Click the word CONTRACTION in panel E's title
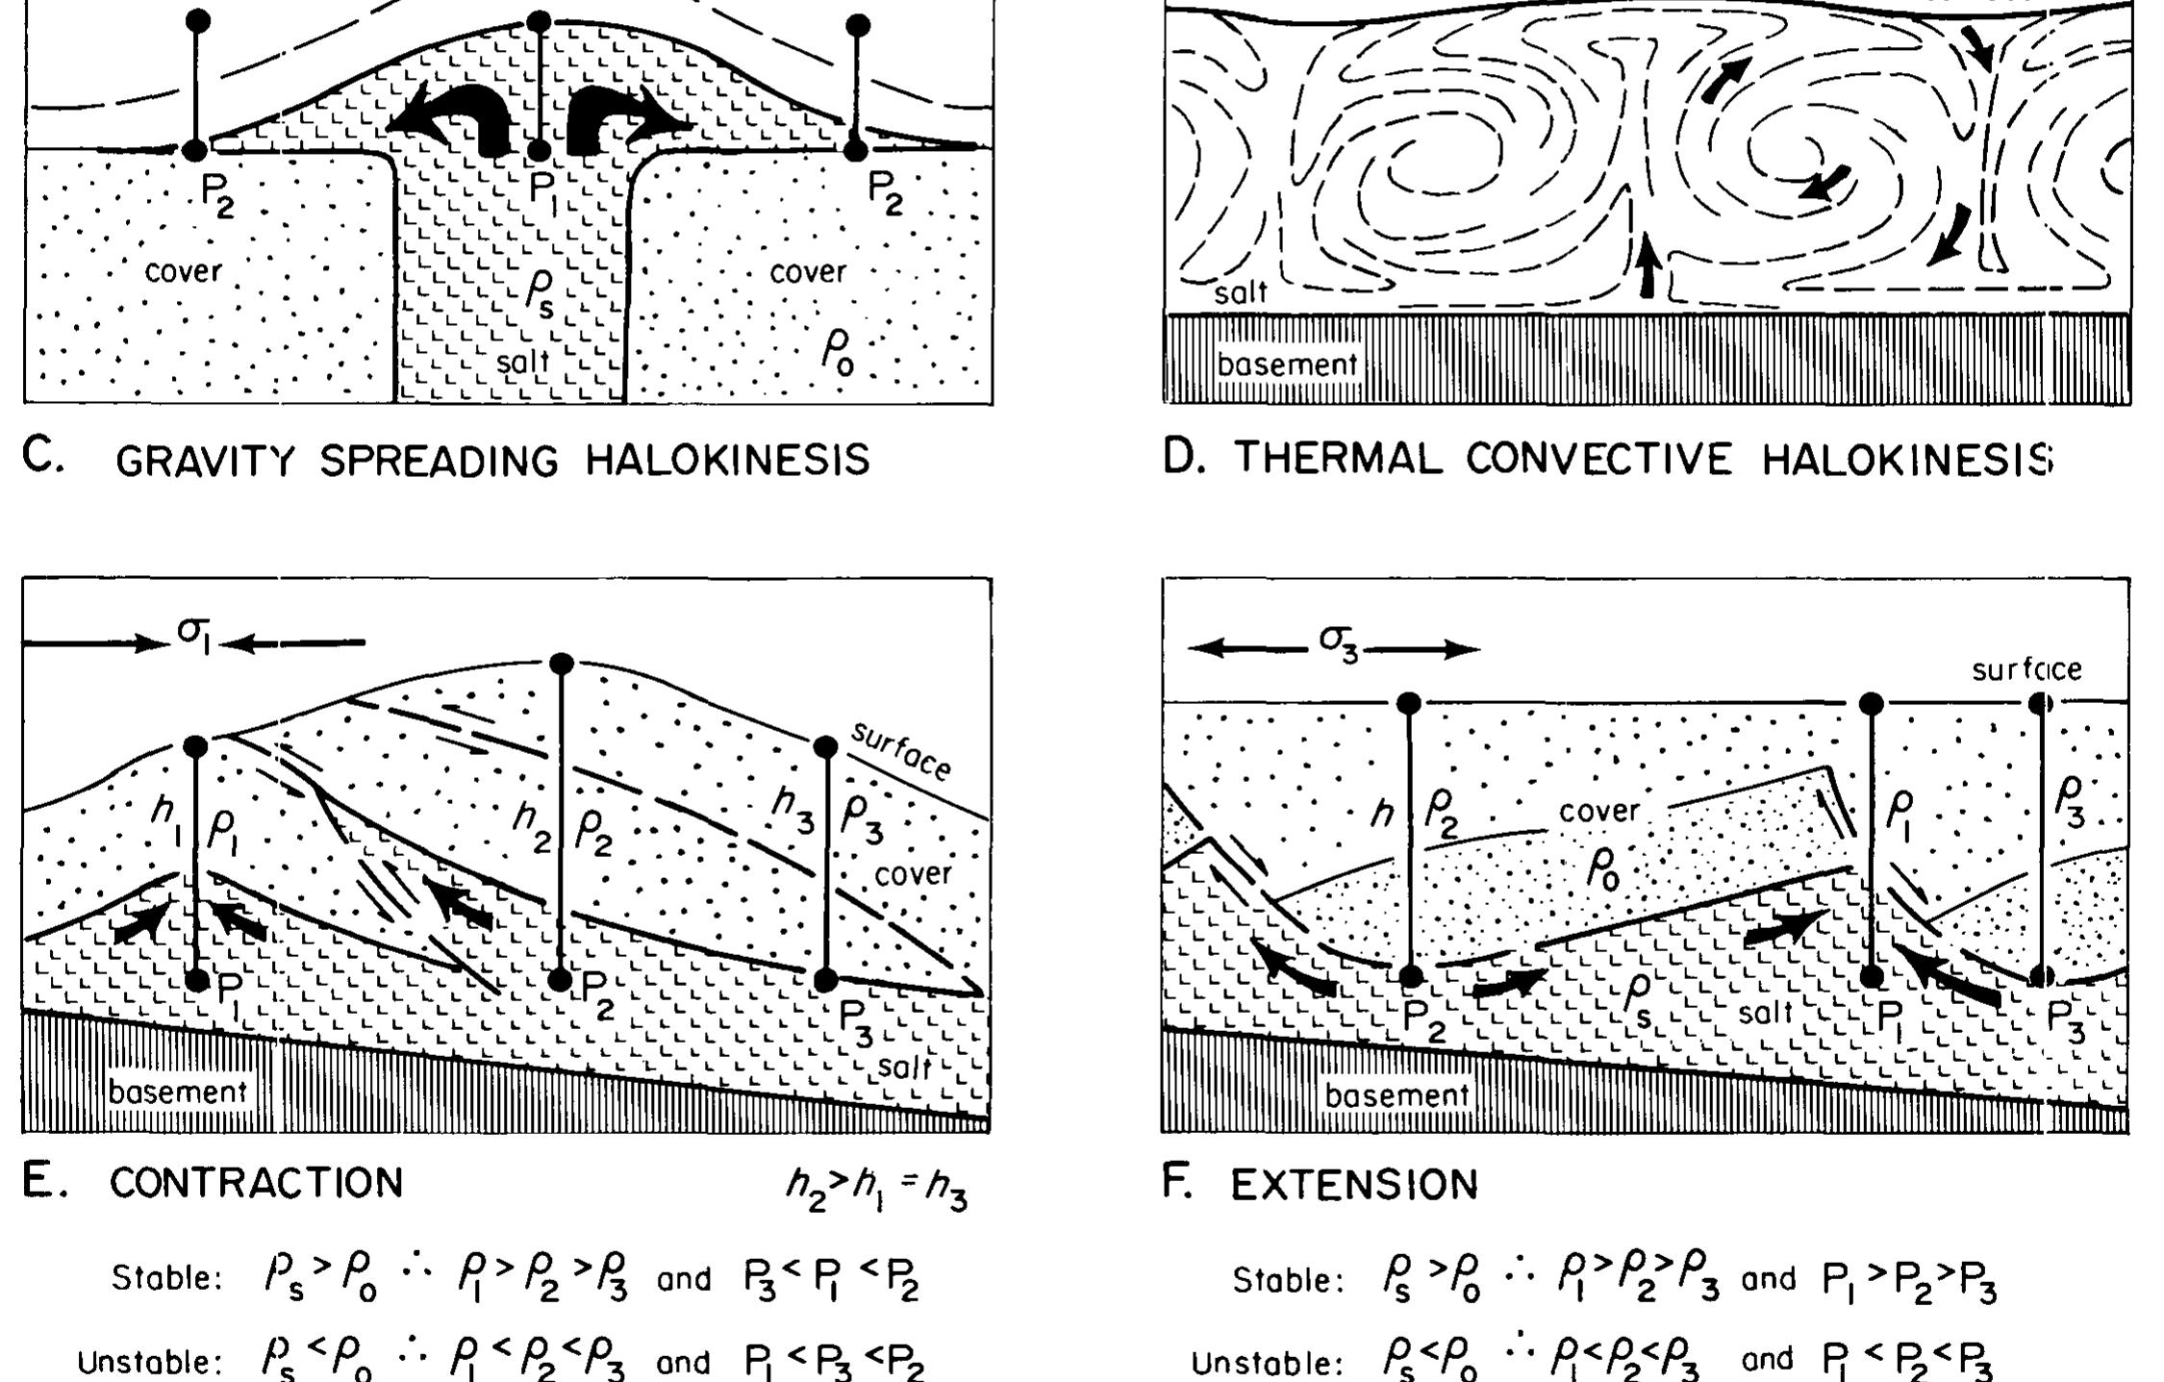tap(256, 1183)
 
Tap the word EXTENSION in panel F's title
tap(1354, 1185)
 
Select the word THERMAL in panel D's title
tap(1338, 459)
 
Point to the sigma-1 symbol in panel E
tap(193, 635)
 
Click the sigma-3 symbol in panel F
tap(1338, 641)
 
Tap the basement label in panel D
tap(1287, 365)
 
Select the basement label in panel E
tap(178, 1092)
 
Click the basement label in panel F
tap(1397, 1094)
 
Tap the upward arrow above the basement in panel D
tap(1648, 264)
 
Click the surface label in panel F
tap(2026, 669)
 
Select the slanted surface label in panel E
tap(901, 751)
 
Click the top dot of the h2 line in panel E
tap(562, 663)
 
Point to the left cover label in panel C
tap(183, 271)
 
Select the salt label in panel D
tap(1241, 292)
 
